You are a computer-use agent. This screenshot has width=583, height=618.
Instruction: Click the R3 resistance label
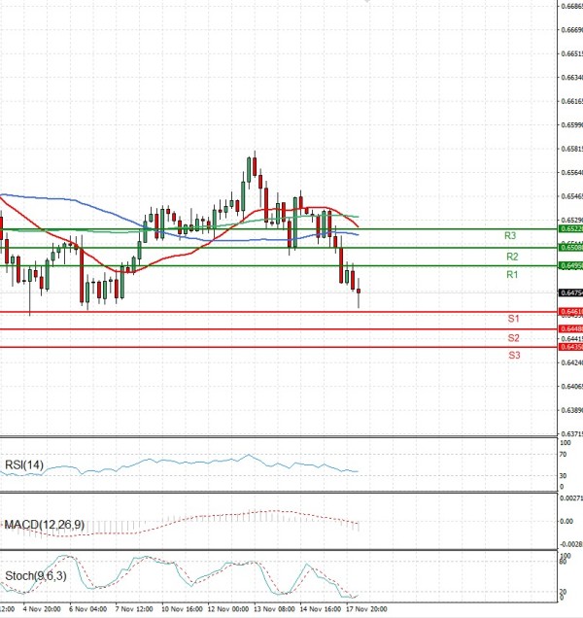click(510, 236)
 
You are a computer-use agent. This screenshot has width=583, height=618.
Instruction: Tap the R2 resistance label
click(512, 257)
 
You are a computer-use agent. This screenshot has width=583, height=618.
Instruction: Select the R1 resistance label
click(512, 276)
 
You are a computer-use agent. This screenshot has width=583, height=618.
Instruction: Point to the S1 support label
click(513, 319)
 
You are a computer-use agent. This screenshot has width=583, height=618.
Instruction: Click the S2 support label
click(513, 337)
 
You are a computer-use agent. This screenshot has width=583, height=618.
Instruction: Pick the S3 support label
click(514, 356)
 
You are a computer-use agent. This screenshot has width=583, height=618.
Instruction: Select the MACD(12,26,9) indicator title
click(43, 525)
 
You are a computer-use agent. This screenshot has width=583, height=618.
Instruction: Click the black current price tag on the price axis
click(570, 292)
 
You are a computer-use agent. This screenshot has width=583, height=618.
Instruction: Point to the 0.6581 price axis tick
click(570, 149)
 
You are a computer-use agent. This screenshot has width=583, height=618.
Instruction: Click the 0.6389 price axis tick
click(570, 410)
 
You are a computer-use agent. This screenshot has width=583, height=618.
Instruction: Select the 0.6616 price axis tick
click(570, 101)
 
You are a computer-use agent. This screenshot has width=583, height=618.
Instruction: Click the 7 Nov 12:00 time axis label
click(133, 609)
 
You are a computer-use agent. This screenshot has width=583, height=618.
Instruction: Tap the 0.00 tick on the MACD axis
click(565, 521)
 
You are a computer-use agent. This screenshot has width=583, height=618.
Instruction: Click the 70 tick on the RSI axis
click(563, 455)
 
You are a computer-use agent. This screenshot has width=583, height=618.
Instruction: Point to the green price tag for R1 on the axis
click(570, 265)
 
